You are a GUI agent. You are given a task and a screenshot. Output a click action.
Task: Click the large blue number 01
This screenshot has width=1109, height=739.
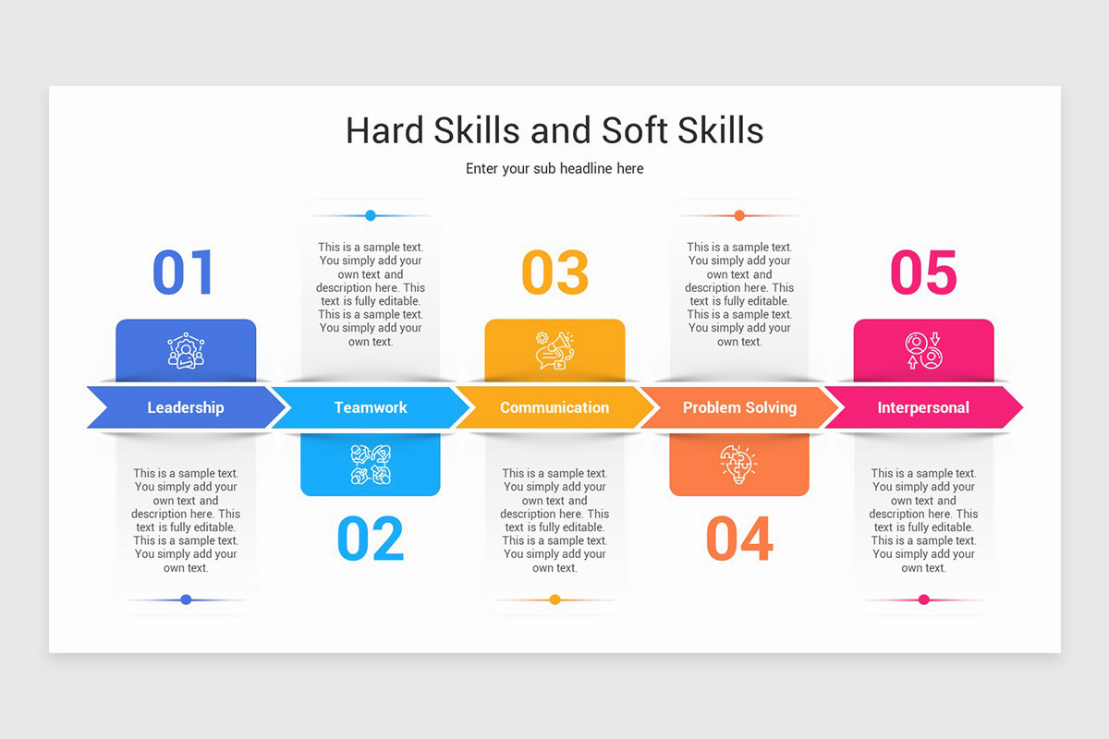tap(183, 272)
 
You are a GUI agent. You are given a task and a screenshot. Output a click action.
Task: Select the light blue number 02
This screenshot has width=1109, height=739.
tap(371, 539)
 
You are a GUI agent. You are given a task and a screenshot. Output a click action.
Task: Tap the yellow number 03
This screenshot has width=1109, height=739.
tap(554, 272)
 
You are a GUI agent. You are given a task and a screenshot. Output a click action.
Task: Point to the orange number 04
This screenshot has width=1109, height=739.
tap(739, 539)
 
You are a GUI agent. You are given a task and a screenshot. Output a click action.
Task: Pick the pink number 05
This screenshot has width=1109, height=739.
tap(923, 272)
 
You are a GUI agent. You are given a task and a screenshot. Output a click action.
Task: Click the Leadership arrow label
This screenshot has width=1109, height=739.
tap(185, 407)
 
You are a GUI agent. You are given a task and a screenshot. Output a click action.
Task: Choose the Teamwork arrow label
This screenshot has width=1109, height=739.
tap(371, 407)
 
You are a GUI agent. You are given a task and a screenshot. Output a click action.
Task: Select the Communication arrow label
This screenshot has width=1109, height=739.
tap(554, 407)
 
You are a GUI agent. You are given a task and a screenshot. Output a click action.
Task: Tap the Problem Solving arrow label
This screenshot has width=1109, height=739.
tap(739, 407)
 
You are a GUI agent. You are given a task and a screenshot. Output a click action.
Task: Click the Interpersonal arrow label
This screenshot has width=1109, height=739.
tap(923, 407)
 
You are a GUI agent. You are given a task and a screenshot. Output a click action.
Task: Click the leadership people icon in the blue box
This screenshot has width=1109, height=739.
tap(186, 351)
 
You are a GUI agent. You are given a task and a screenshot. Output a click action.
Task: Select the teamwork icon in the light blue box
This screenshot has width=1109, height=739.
tap(371, 465)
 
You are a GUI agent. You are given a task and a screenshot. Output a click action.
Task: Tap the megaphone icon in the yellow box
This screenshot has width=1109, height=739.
tap(554, 351)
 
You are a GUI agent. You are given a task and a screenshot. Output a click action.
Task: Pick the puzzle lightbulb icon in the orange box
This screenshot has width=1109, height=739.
tap(738, 464)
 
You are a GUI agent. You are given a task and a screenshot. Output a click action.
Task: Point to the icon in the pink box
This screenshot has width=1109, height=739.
tap(923, 351)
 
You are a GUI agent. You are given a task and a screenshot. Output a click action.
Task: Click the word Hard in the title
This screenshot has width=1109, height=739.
tap(382, 130)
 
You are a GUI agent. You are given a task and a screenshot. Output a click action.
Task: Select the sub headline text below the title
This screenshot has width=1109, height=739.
tap(554, 169)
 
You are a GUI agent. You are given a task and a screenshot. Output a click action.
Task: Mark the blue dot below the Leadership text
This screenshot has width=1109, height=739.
tap(186, 600)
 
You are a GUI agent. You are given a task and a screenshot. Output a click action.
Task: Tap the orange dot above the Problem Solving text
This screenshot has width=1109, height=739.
tap(739, 215)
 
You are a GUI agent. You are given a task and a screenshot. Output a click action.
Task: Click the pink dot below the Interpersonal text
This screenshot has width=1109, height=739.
tap(923, 600)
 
